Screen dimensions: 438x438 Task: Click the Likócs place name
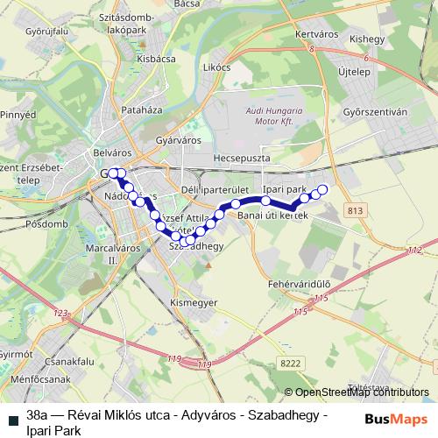tap(215, 67)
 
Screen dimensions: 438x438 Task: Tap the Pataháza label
tap(143, 111)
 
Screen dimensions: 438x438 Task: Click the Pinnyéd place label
tap(18, 115)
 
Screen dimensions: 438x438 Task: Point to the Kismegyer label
tap(193, 302)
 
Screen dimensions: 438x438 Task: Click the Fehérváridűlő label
tap(299, 285)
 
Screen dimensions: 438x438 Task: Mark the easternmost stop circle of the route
tap(321, 189)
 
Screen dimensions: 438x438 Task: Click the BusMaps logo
tap(396, 418)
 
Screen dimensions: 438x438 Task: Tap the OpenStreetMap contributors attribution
tap(357, 392)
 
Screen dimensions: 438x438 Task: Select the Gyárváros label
tap(178, 140)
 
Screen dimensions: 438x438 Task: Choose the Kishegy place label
tap(366, 39)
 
